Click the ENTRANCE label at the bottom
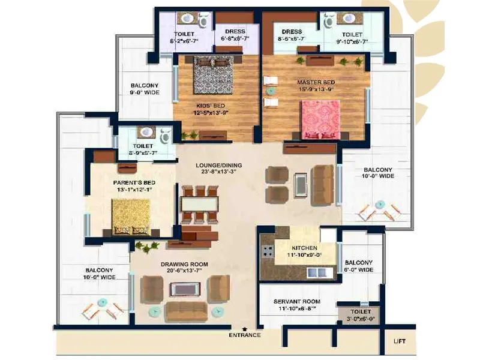tap(245, 335)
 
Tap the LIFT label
tap(399, 341)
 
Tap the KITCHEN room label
tap(305, 247)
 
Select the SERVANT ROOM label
tap(296, 301)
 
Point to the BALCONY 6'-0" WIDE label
tap(358, 266)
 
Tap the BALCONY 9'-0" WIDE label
tap(145, 89)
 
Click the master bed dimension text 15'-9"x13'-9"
tap(316, 90)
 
